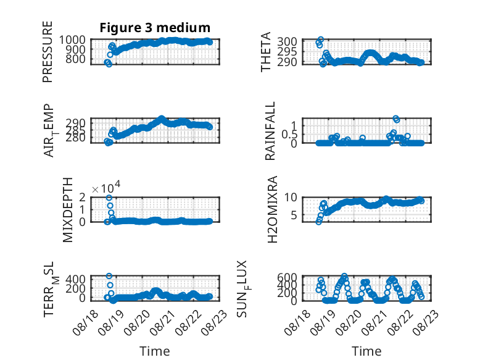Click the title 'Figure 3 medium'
[x=155, y=28]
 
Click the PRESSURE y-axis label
[x=48, y=52]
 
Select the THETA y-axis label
[x=266, y=52]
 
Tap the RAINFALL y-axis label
[x=270, y=131]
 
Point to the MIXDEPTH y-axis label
[x=68, y=210]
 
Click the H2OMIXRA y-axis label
[x=273, y=209]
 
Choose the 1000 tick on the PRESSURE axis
[x=72, y=40]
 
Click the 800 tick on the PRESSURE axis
[x=76, y=59]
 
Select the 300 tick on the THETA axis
[x=287, y=41]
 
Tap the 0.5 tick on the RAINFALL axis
[x=289, y=134]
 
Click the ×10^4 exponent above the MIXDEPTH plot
[x=106, y=187]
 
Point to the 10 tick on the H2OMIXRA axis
[x=291, y=198]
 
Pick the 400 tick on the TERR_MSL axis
[x=76, y=279]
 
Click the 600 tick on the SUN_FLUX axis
[x=287, y=277]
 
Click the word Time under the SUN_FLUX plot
[x=366, y=351]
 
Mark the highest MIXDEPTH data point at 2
[x=109, y=198]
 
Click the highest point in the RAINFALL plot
[x=395, y=119]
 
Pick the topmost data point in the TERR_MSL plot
[x=109, y=276]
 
